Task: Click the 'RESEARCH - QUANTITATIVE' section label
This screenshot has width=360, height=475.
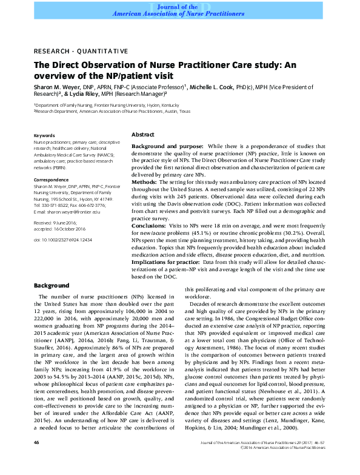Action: (x=81, y=50)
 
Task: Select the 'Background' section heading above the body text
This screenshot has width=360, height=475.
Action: (x=52, y=285)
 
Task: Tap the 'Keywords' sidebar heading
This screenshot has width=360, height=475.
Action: (x=44, y=135)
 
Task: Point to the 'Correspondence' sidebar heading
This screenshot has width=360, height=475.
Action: (x=51, y=180)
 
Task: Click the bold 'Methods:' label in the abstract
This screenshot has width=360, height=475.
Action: (x=145, y=181)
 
